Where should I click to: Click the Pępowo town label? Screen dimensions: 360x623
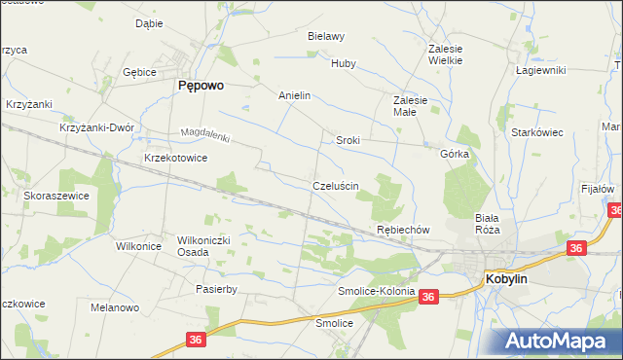tap(201, 86)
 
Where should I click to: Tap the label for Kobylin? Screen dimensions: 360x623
tap(506, 279)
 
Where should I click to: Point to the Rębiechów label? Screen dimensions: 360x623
tap(403, 230)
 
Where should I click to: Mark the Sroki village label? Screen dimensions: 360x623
tap(348, 140)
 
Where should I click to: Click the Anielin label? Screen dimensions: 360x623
tap(294, 96)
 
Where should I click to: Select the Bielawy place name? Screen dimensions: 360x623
tap(326, 36)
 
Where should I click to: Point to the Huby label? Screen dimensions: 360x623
tap(344, 64)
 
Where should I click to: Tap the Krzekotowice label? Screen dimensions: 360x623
tap(175, 157)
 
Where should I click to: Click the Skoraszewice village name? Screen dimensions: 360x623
tap(56, 196)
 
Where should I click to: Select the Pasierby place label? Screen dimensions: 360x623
tap(217, 289)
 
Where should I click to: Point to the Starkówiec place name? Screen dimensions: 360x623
tap(538, 132)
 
